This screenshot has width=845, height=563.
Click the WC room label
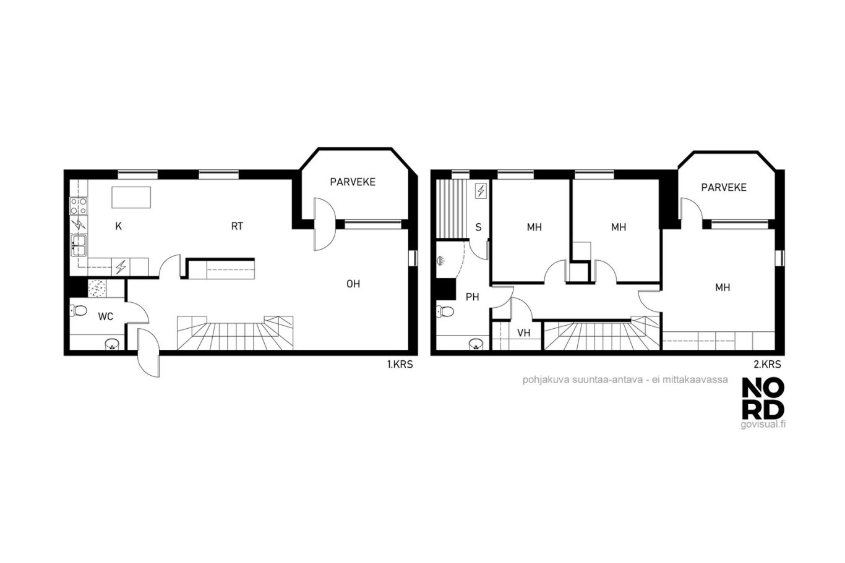106,316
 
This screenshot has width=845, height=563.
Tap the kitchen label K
118,226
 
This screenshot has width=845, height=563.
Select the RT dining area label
237,226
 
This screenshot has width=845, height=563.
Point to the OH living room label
353,284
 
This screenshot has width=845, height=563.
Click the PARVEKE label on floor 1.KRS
353,182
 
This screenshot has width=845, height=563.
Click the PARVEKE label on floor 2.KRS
724,187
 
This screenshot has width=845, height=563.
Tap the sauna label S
478,227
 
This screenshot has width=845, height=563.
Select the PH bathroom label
472,297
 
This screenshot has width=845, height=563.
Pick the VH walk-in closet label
523,332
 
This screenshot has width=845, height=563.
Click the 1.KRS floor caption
400,365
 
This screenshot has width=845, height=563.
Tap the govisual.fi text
763,425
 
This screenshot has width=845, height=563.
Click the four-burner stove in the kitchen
79,206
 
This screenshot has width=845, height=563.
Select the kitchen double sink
79,245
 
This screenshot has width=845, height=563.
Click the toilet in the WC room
79,310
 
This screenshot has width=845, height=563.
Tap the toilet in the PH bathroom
445,311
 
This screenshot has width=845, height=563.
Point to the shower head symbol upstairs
440,260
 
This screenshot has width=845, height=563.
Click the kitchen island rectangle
131,197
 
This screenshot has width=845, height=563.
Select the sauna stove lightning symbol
481,192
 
